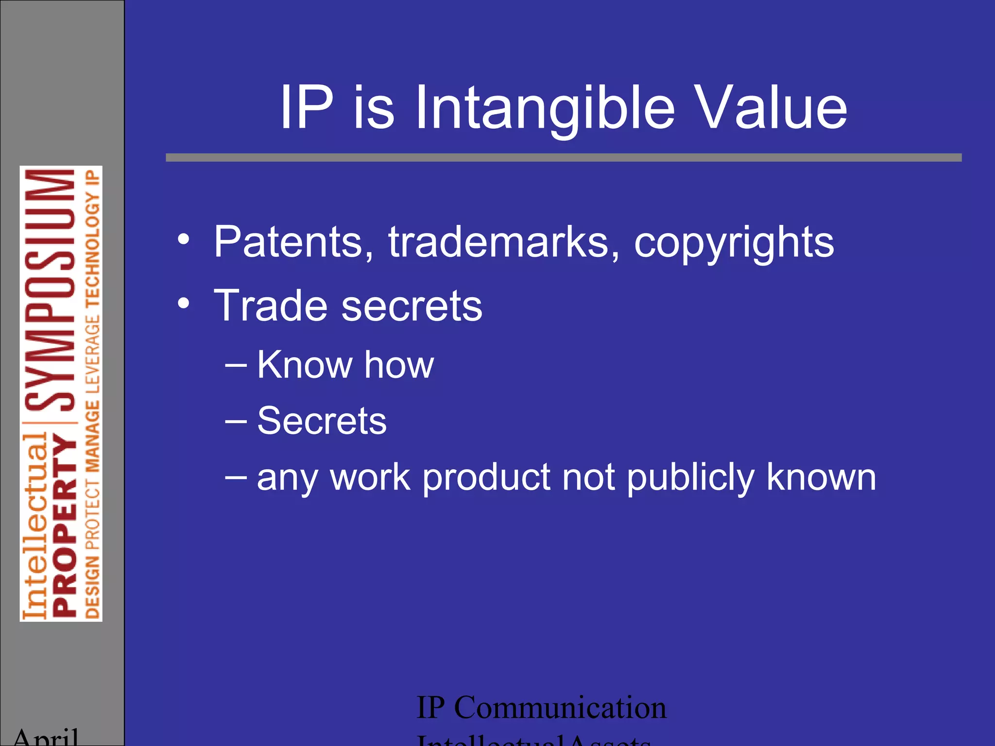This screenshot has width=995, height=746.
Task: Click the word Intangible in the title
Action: tap(545, 108)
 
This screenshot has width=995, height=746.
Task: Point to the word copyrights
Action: tap(734, 243)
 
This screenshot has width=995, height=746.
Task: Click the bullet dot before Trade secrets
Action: tap(183, 304)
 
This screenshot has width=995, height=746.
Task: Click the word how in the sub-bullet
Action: tap(399, 365)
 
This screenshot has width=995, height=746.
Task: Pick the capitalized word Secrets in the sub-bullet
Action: tap(322, 421)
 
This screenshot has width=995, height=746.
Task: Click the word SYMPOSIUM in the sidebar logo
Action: tap(50, 290)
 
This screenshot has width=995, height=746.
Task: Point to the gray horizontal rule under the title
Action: tap(564, 157)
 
